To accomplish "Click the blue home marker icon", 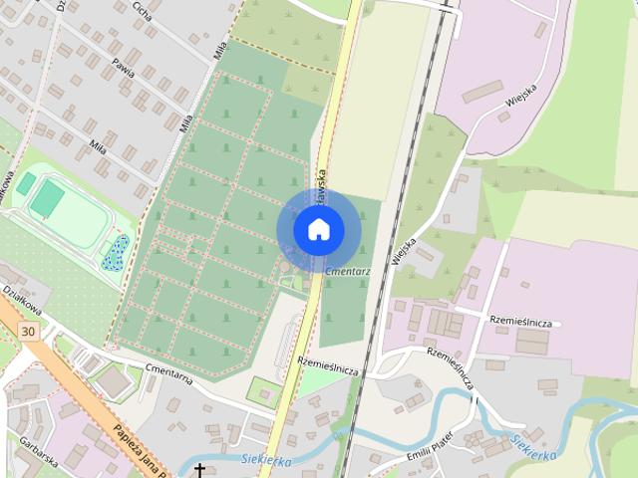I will click(318, 230).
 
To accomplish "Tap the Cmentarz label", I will click(348, 271).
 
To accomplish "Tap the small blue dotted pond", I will click(114, 253).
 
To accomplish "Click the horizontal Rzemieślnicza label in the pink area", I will click(521, 322).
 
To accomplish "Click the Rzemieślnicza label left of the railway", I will click(328, 366).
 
